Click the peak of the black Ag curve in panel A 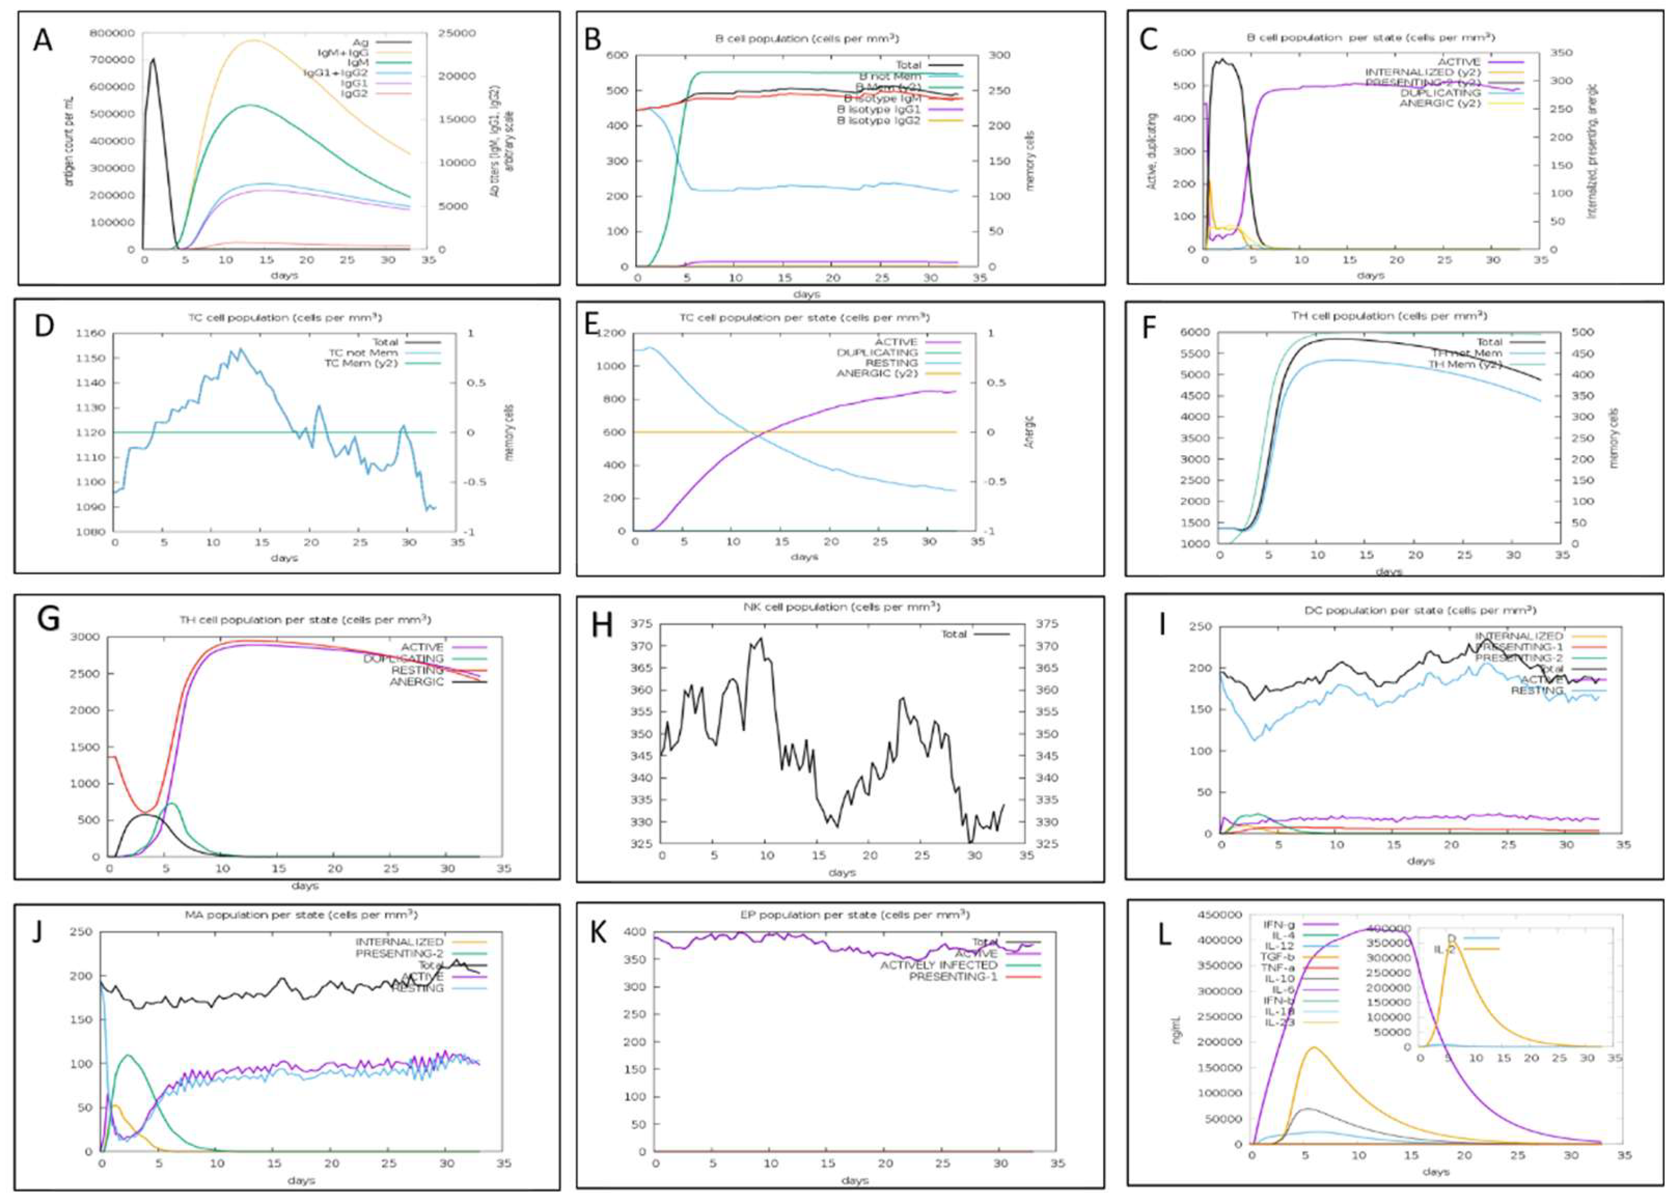click(x=153, y=60)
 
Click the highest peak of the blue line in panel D click(x=239, y=349)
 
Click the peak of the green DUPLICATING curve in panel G click(x=172, y=803)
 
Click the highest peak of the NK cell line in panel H click(x=760, y=638)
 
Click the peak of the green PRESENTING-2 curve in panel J click(x=129, y=1056)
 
